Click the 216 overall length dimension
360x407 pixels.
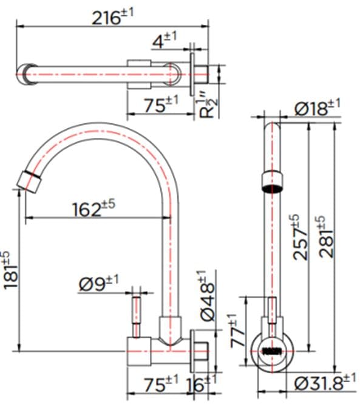pyautogui.click(x=112, y=18)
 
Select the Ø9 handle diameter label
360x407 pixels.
pyautogui.click(x=99, y=283)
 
